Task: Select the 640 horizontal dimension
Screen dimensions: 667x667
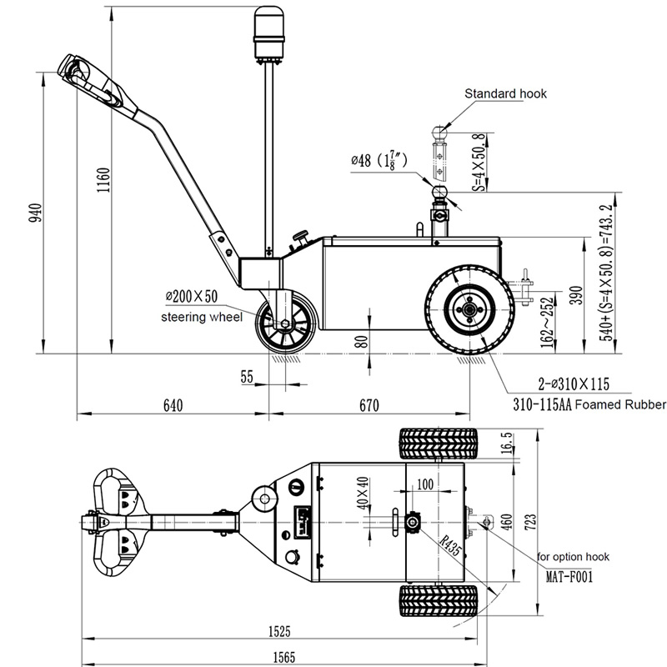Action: (x=173, y=405)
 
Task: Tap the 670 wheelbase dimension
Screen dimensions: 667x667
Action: (x=369, y=405)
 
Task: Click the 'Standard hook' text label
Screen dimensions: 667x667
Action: (x=505, y=94)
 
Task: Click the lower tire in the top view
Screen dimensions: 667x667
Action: (x=439, y=599)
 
